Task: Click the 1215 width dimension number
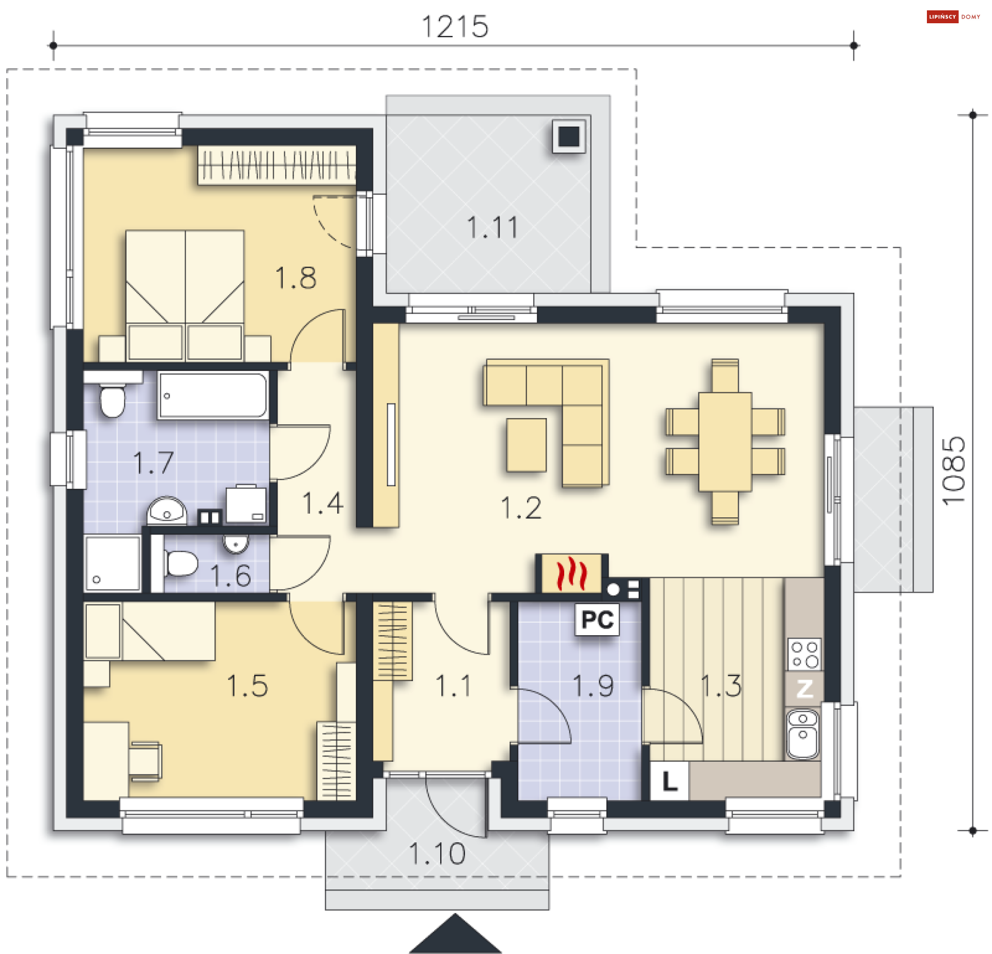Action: click(x=455, y=26)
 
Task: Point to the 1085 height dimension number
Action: click(x=953, y=471)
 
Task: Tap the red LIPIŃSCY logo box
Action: click(x=942, y=17)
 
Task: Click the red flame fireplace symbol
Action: click(x=571, y=573)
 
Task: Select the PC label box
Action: click(x=597, y=620)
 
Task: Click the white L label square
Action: click(x=670, y=781)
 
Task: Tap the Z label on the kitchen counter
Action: click(x=804, y=688)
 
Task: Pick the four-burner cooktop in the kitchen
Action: click(x=804, y=654)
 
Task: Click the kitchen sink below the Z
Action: click(x=803, y=734)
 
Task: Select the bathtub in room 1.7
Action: click(x=213, y=395)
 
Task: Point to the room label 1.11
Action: click(x=492, y=228)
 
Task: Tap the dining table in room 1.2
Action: click(x=725, y=442)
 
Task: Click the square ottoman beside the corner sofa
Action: click(x=526, y=445)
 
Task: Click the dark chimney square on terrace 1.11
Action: click(x=569, y=136)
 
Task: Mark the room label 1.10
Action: click(x=437, y=854)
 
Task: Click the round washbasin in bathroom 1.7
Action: click(x=166, y=510)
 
